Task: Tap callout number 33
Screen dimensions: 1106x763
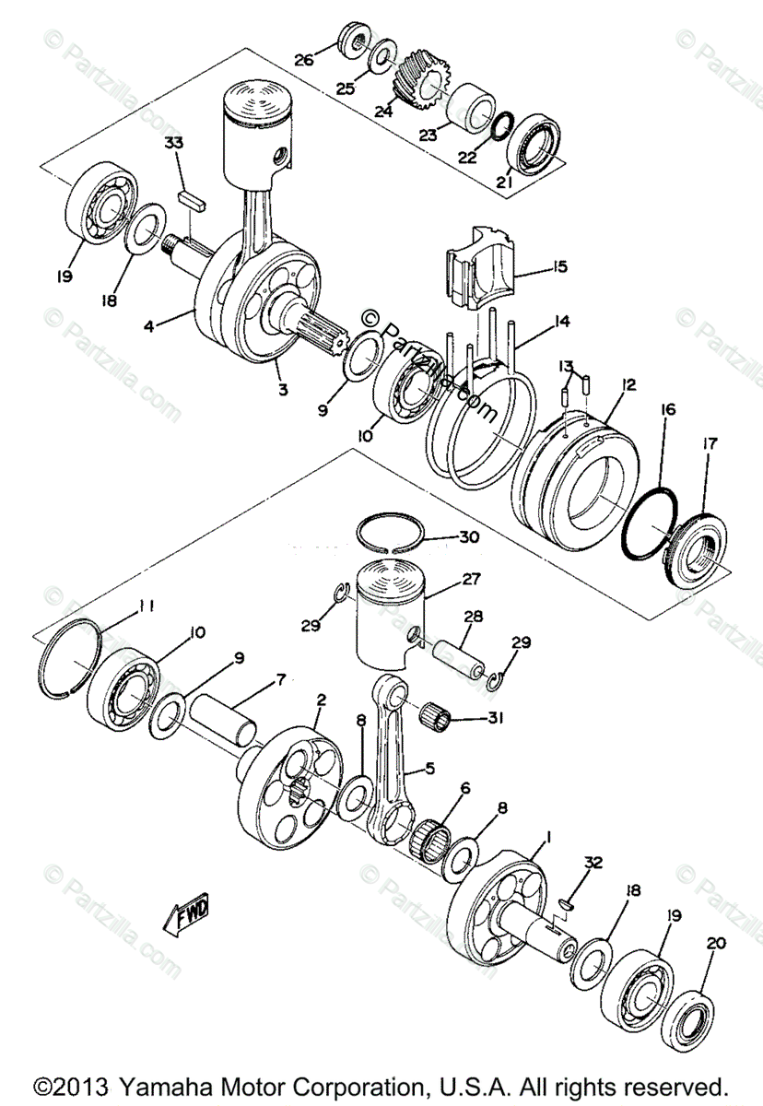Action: pos(174,143)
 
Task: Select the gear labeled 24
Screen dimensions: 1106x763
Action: pos(420,77)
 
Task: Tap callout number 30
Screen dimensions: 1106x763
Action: pos(468,537)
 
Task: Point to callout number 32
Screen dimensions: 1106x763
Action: pos(594,863)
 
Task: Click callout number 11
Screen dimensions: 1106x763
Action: pos(145,606)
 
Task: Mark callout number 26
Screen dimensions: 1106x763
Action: pos(304,61)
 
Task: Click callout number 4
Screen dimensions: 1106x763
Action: pos(147,324)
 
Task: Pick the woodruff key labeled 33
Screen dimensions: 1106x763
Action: pos(194,195)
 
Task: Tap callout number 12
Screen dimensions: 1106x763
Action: pos(628,384)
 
